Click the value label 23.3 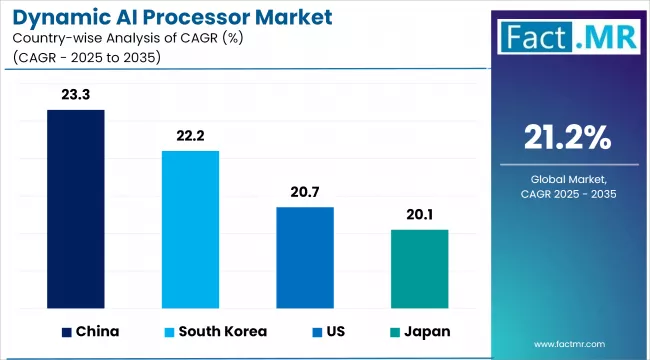[76, 96]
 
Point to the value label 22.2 [190, 137]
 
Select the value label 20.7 [305, 193]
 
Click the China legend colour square [67, 331]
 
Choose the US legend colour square [316, 331]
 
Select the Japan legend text [427, 331]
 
